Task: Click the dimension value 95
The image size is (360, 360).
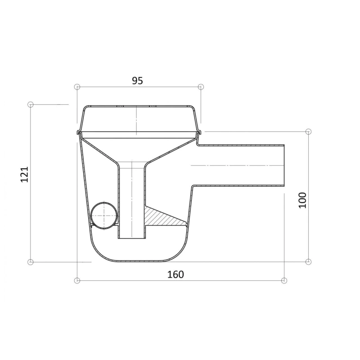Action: tap(137, 81)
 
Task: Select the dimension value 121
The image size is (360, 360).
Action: tap(25, 174)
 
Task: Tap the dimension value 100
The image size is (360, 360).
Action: tap(302, 200)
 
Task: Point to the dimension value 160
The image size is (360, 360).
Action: tap(175, 274)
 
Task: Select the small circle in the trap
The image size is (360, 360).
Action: tap(104, 216)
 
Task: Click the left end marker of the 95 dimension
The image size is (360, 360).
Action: tap(77, 87)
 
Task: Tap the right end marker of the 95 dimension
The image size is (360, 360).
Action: tap(201, 87)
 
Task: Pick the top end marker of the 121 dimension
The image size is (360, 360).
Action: tap(30, 105)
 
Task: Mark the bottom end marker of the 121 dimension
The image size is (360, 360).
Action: tap(30, 262)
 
